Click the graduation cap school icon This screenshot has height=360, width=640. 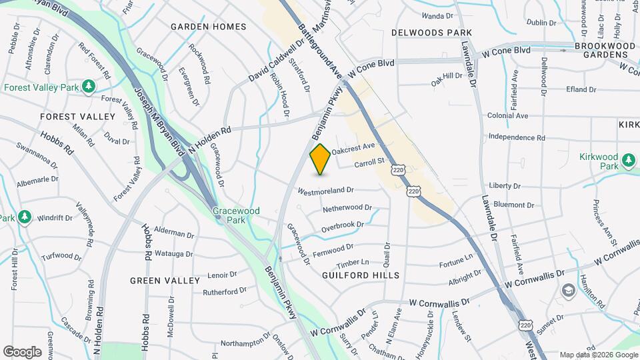click(x=568, y=290)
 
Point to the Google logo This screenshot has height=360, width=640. click(x=22, y=351)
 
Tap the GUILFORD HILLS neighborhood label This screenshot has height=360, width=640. click(x=361, y=275)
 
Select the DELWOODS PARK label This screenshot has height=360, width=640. click(x=431, y=32)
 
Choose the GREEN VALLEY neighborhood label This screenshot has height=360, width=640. click(x=165, y=281)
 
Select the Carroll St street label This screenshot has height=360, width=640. click(x=370, y=162)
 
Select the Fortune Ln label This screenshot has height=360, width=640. click(x=455, y=256)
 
